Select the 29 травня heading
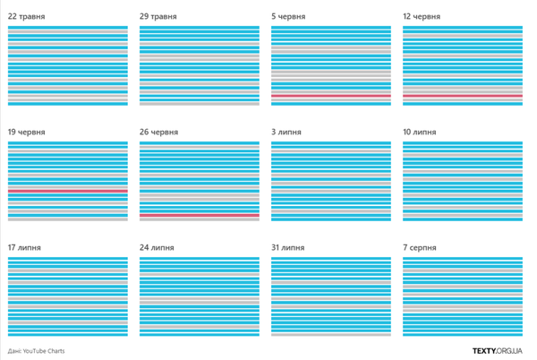(x=158, y=16)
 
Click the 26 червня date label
(x=160, y=132)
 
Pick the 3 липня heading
(x=286, y=132)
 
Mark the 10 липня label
(x=420, y=132)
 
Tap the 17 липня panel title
(x=27, y=247)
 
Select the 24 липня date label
(x=158, y=247)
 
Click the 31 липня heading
(x=289, y=247)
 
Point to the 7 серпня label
(x=420, y=247)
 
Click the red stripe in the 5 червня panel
(x=331, y=96)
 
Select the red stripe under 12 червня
(x=463, y=96)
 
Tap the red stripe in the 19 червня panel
(x=68, y=191)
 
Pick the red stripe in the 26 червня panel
(x=200, y=216)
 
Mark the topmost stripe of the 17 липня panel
(x=68, y=260)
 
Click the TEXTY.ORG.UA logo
(x=500, y=351)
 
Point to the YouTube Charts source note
(x=36, y=351)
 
